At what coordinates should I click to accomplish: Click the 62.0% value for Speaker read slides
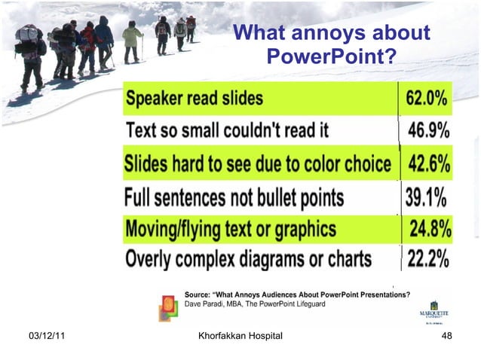tap(427, 98)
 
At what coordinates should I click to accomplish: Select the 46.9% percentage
tap(429, 130)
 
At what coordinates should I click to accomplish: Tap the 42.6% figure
tap(429, 163)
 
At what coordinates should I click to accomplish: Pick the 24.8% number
tap(430, 227)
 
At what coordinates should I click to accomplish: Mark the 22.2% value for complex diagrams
tap(428, 259)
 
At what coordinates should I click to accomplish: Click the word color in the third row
tap(337, 163)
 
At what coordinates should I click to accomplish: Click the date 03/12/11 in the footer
tap(42, 335)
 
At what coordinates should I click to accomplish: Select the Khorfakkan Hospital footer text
tap(238, 335)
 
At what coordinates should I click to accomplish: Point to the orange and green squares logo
tap(167, 303)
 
